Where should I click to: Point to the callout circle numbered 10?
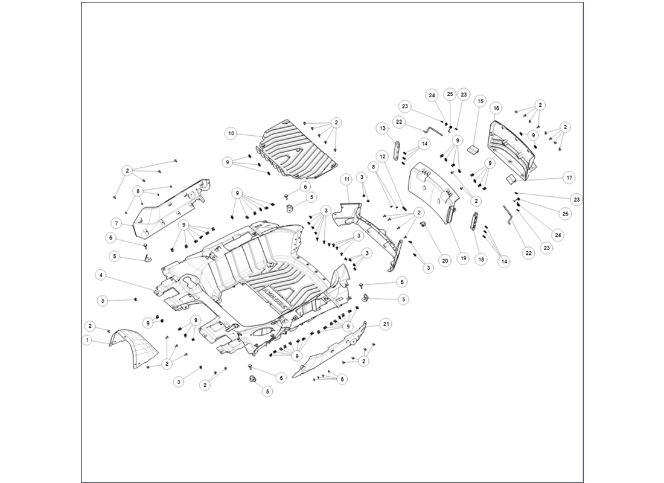(x=231, y=133)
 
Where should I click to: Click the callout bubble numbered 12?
(x=383, y=156)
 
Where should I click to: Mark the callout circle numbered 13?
(x=383, y=128)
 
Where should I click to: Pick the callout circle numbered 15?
(x=480, y=101)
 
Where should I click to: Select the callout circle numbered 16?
(x=496, y=108)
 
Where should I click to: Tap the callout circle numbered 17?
(x=569, y=178)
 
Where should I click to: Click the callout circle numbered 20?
(x=444, y=261)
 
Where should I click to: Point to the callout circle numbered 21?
(x=386, y=324)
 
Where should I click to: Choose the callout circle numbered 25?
(x=450, y=94)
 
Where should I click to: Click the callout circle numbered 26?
(x=565, y=214)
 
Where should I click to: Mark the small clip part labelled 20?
(x=423, y=225)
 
